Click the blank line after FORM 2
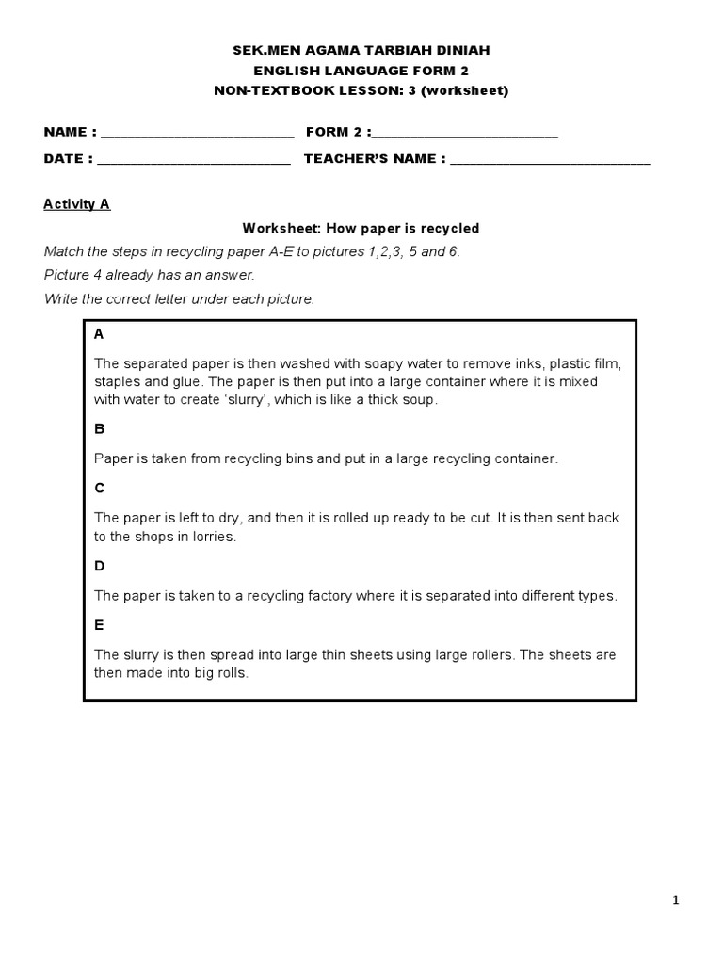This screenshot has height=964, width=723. click(x=466, y=134)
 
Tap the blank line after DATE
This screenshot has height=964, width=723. click(x=194, y=160)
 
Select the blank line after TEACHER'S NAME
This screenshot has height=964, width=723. click(x=550, y=160)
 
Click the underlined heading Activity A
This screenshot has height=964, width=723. click(x=77, y=204)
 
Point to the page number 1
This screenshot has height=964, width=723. click(x=675, y=901)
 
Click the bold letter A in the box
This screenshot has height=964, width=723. click(x=99, y=335)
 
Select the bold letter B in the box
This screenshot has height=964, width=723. click(x=99, y=429)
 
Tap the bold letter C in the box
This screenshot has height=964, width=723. click(x=99, y=488)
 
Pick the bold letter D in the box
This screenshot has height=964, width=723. click(x=99, y=566)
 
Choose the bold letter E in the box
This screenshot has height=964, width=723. click(x=99, y=625)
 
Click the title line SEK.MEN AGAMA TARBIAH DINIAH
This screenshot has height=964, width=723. click(x=361, y=50)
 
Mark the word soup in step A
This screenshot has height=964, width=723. click(x=423, y=399)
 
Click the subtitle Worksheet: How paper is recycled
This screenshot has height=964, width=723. click(x=361, y=228)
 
